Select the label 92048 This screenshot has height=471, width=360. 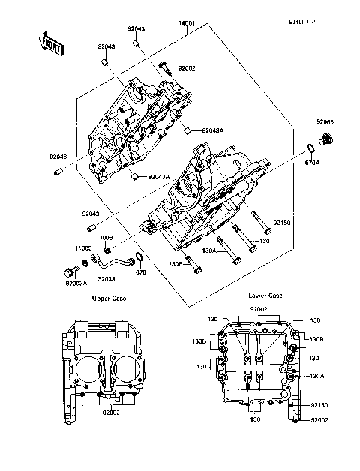(58, 157)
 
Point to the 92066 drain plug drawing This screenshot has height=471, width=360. (325, 139)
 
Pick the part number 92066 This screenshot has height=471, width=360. (325, 121)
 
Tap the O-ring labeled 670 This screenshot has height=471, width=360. (136, 259)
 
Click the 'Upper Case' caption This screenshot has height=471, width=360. (109, 298)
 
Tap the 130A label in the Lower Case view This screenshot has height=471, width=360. (316, 376)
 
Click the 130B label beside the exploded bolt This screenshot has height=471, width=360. (175, 264)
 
